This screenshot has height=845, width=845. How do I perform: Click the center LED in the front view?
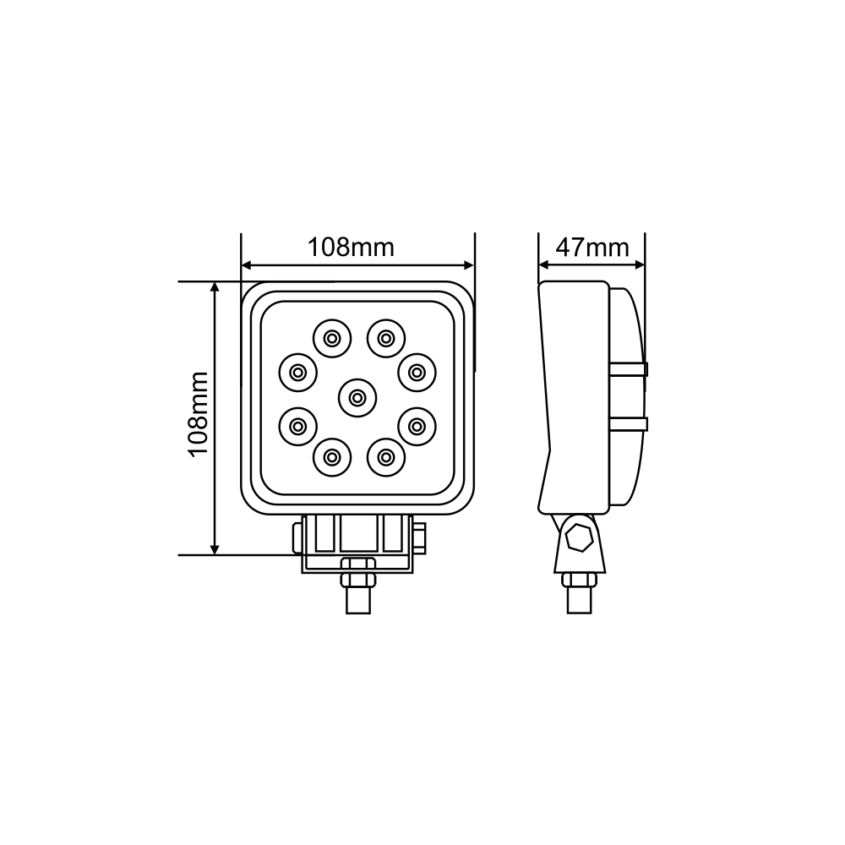click(357, 395)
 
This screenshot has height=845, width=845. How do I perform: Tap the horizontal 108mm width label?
click(350, 248)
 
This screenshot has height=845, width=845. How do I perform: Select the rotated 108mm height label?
click(199, 413)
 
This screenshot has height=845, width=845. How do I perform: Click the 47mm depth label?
click(592, 248)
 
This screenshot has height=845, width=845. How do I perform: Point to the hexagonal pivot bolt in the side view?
click(580, 537)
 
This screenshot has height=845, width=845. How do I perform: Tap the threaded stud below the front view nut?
click(357, 601)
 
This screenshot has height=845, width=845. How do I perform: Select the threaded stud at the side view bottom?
click(580, 601)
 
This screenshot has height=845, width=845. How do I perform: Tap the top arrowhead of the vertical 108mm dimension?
click(215, 287)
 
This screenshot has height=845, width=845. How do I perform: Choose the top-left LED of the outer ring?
click(330, 339)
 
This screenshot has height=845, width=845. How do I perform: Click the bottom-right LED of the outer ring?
click(385, 457)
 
